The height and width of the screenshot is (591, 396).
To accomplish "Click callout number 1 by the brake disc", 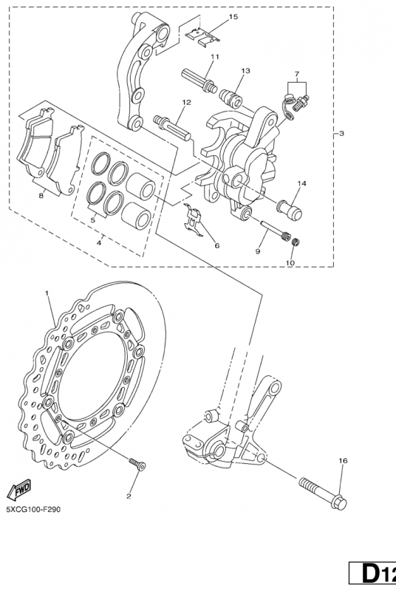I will click(x=47, y=293).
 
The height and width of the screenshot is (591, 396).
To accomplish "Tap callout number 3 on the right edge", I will click(x=341, y=134).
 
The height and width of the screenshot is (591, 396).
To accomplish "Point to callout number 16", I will click(x=342, y=460).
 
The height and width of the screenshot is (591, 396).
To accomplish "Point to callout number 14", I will click(x=301, y=182).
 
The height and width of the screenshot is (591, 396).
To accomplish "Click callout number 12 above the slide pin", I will click(x=186, y=103).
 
